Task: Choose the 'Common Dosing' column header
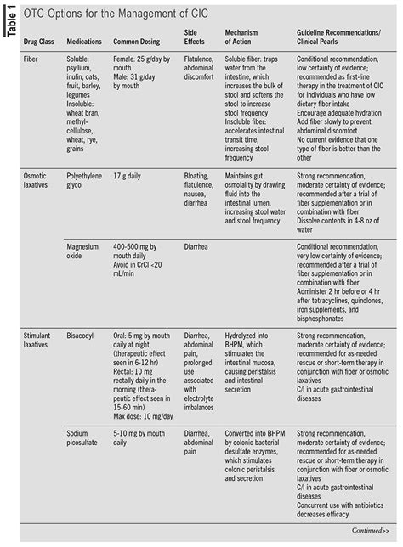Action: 139,41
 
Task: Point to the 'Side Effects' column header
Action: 196,36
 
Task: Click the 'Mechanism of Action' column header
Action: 247,36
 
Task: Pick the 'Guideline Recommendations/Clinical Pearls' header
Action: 339,36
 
